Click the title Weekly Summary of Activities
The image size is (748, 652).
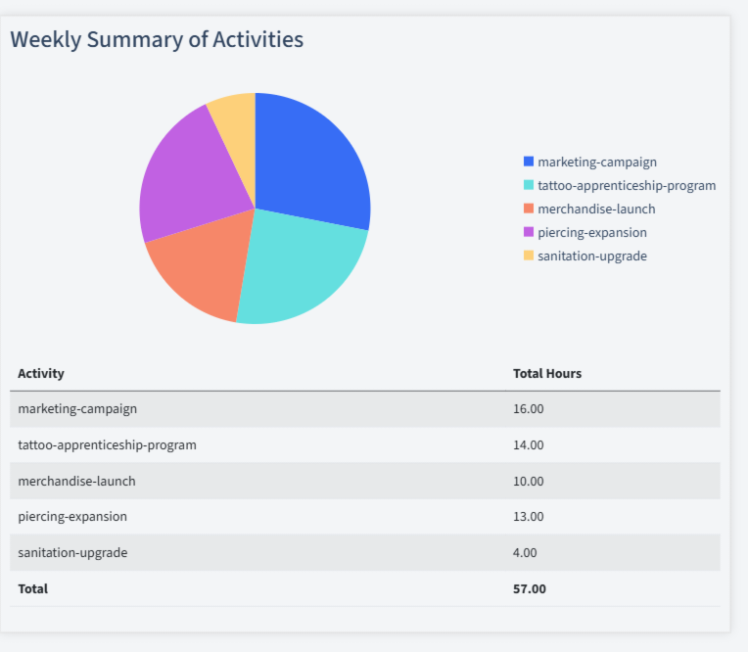pyautogui.click(x=157, y=39)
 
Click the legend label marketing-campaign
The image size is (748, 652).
pyautogui.click(x=596, y=162)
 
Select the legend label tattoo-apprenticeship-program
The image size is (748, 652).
pyautogui.click(x=627, y=185)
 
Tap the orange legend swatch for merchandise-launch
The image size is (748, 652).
pyautogui.click(x=529, y=209)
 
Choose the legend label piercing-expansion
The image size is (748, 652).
pyautogui.click(x=591, y=232)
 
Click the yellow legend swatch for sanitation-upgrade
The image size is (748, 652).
pyautogui.click(x=529, y=256)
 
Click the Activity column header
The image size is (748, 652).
pyautogui.click(x=41, y=373)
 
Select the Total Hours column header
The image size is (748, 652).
pyautogui.click(x=546, y=373)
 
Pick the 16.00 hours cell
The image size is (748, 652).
pyautogui.click(x=528, y=408)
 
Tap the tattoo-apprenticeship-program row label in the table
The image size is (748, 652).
pyautogui.click(x=107, y=444)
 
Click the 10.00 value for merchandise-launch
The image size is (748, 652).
pyautogui.click(x=528, y=481)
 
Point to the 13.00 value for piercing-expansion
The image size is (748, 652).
pyautogui.click(x=528, y=516)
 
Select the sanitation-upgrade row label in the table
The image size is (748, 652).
pyautogui.click(x=72, y=552)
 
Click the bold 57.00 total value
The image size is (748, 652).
pyautogui.click(x=529, y=588)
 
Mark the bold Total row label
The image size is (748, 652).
pyautogui.click(x=32, y=588)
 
